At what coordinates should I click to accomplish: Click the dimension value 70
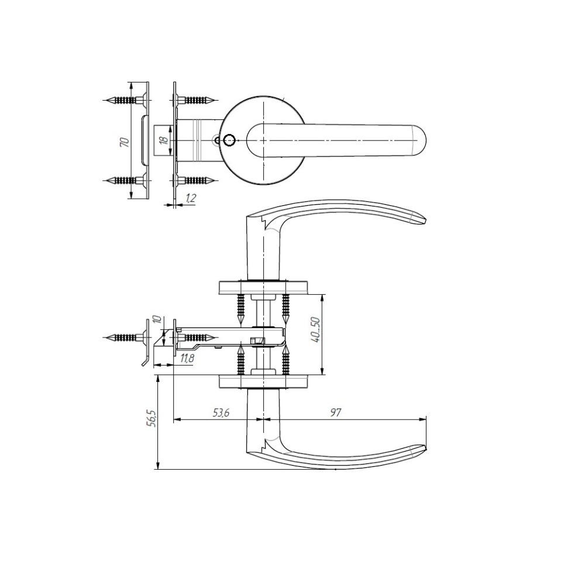126,142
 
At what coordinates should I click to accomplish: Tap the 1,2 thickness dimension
190,198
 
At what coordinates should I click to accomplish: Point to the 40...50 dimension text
315,331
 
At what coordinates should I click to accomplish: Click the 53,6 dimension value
221,412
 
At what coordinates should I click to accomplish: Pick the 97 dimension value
336,412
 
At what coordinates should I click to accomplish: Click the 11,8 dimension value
187,359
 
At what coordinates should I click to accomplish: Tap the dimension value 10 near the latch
157,319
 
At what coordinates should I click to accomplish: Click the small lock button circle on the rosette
228,140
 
